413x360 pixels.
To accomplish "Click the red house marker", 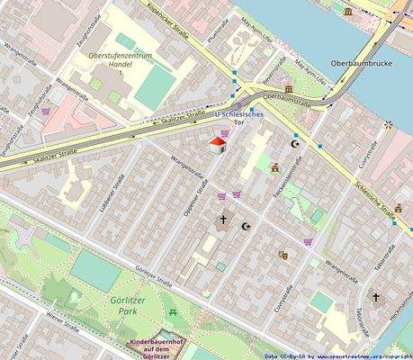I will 217,144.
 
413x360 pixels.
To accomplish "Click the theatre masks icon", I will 283,256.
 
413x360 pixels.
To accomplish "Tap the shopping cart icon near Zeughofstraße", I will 46,112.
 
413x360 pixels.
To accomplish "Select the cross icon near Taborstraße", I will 376,297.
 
